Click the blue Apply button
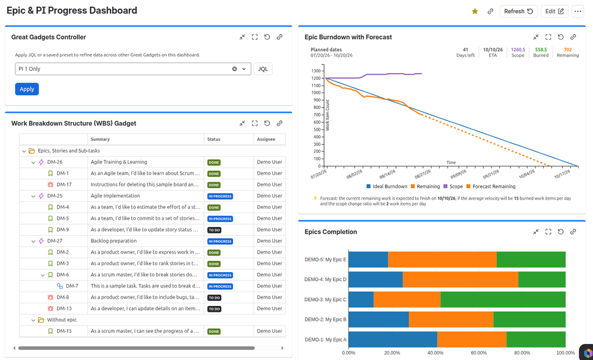[x=27, y=89]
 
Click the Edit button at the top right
[x=554, y=11]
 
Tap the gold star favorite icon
[x=475, y=11]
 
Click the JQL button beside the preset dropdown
[x=263, y=69]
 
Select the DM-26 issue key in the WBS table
[x=55, y=162]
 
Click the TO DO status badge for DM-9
[x=214, y=230]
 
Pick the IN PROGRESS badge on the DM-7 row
[x=220, y=286]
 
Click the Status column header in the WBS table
[x=214, y=139]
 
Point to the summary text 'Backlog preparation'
[x=113, y=241]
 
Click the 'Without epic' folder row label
[x=62, y=320]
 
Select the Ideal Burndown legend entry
[x=387, y=187]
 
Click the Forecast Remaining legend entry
[x=491, y=187]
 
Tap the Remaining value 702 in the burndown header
[x=567, y=49]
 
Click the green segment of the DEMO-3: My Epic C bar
[x=503, y=299]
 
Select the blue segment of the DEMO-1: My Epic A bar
[x=393, y=340]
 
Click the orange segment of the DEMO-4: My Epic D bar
[x=460, y=279]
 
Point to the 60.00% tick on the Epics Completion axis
[x=479, y=353]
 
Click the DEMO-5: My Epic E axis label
[x=325, y=260]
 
